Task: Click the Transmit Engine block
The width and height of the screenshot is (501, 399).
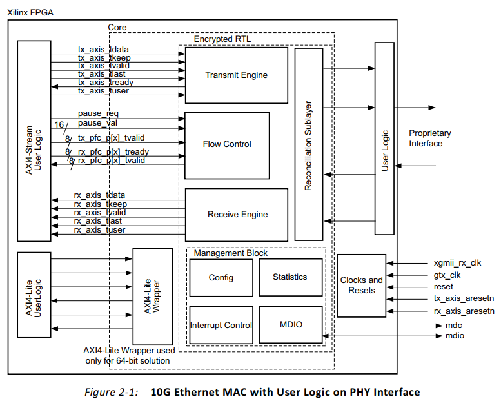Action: coord(236,75)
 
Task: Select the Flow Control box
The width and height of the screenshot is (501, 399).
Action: coord(227,144)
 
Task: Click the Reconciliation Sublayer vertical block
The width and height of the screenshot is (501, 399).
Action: coord(309,143)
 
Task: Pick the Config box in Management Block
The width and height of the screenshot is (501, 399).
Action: coord(221,278)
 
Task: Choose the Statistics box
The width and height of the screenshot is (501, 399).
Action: coord(290,277)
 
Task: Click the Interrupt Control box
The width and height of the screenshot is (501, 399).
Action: coord(221,326)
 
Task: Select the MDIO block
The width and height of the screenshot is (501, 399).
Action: coord(290,326)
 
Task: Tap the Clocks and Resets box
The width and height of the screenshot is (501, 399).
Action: coord(361,285)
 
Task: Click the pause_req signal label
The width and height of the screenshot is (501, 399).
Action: coord(98,113)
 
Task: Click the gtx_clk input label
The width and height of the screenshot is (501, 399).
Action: coord(447,275)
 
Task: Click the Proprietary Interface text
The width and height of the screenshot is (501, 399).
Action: coord(429,139)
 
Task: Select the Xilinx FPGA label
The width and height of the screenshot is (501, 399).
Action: coord(30,10)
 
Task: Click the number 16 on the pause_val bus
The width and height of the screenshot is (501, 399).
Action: coord(59,124)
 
